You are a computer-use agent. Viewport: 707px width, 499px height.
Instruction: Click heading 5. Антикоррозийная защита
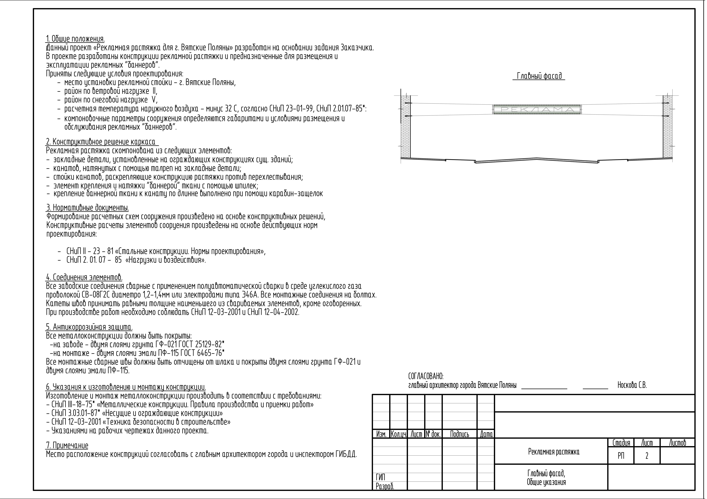89,327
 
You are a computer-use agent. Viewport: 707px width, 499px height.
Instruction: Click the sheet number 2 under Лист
647,456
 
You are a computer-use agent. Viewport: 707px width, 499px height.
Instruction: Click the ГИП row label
381,477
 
